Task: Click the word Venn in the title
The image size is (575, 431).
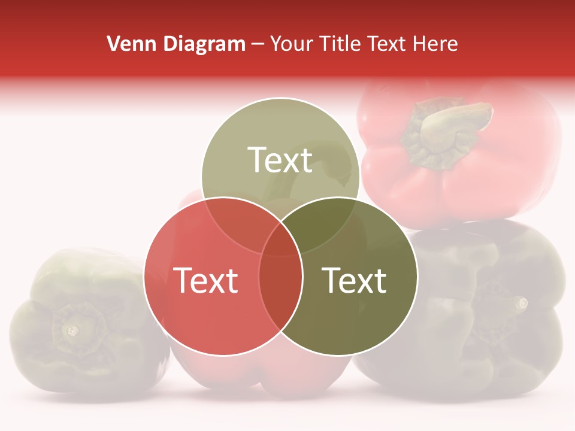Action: [128, 44]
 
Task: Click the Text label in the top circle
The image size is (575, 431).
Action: [280, 160]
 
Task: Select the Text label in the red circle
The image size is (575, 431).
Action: [205, 280]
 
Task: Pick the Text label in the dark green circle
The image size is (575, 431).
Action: [354, 280]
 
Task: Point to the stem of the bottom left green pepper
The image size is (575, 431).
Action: [72, 330]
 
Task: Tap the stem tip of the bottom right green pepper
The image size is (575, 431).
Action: [522, 303]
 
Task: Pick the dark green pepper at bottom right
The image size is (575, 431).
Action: [479, 311]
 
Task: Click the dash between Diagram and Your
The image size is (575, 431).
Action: [258, 44]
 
